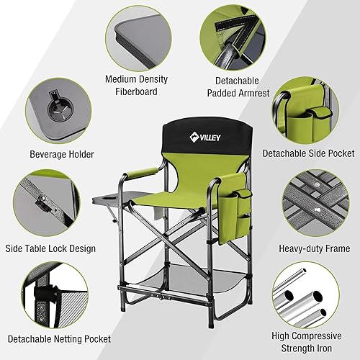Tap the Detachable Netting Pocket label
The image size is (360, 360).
60,337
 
